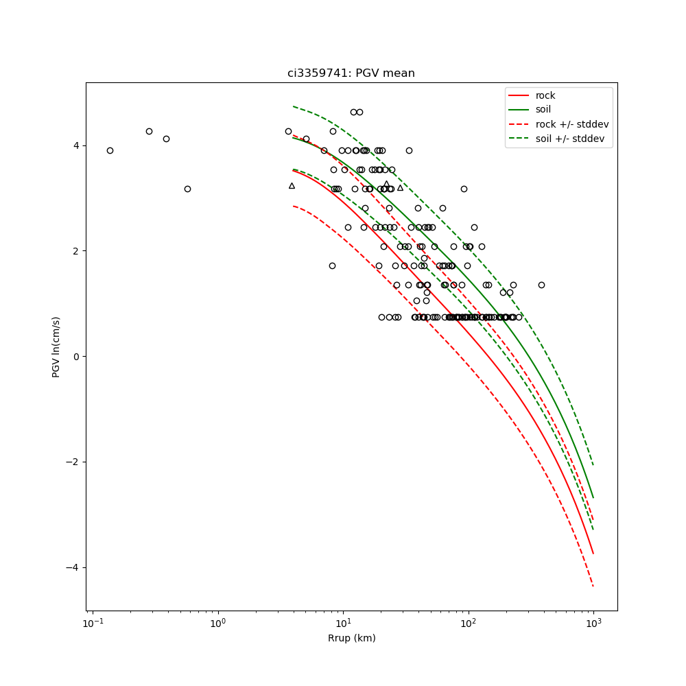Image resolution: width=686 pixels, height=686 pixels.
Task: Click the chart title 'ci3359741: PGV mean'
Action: [x=351, y=73]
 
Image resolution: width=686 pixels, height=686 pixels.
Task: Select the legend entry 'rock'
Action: [x=545, y=95]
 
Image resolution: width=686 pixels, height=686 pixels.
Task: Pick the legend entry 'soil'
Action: [x=543, y=109]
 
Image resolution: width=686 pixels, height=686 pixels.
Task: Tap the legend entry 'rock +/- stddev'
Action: [x=571, y=124]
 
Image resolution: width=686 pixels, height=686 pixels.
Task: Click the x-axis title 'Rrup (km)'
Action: [x=351, y=638]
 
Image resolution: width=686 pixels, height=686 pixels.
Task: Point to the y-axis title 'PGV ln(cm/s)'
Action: [x=56, y=346]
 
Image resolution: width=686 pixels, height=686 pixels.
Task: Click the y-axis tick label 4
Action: [x=77, y=145]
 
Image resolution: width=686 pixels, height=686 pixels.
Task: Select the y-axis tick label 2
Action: [x=77, y=251]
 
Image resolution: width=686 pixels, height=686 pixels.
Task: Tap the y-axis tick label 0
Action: [x=77, y=357]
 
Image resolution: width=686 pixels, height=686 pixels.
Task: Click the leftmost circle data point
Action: [x=110, y=150]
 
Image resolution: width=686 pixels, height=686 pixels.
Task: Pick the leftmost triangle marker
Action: [x=292, y=186]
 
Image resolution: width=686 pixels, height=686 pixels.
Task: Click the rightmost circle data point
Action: [x=541, y=285]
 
